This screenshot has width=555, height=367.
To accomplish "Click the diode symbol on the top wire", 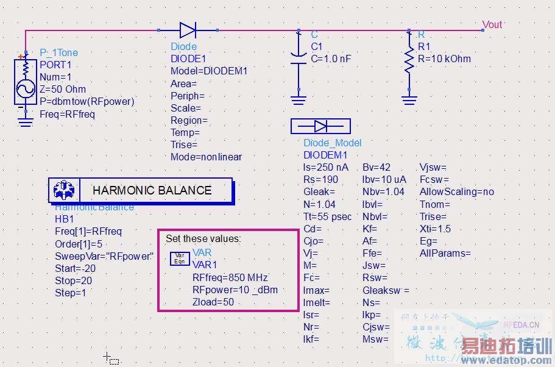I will [188, 29].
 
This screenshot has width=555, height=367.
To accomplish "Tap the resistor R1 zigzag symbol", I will [409, 60].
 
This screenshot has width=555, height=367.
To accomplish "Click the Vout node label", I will [492, 24].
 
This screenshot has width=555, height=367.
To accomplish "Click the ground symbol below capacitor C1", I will [298, 100].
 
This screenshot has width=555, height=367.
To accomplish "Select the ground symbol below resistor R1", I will [409, 100].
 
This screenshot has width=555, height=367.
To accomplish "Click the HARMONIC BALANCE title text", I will [152, 190].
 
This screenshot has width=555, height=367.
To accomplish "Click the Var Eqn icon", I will [179, 258].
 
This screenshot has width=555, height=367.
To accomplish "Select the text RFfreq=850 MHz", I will [230, 277].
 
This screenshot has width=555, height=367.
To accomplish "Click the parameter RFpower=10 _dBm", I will [235, 290].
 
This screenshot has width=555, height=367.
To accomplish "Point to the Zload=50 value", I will [213, 302].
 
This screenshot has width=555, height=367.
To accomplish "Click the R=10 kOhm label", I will [444, 59].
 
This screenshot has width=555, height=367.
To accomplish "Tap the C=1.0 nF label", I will [331, 59].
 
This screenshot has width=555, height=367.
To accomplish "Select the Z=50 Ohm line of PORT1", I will [63, 89].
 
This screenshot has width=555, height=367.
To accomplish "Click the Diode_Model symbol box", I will [320, 126].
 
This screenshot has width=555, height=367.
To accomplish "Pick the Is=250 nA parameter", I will [325, 167].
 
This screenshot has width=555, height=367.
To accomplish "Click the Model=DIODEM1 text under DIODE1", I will [209, 71].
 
